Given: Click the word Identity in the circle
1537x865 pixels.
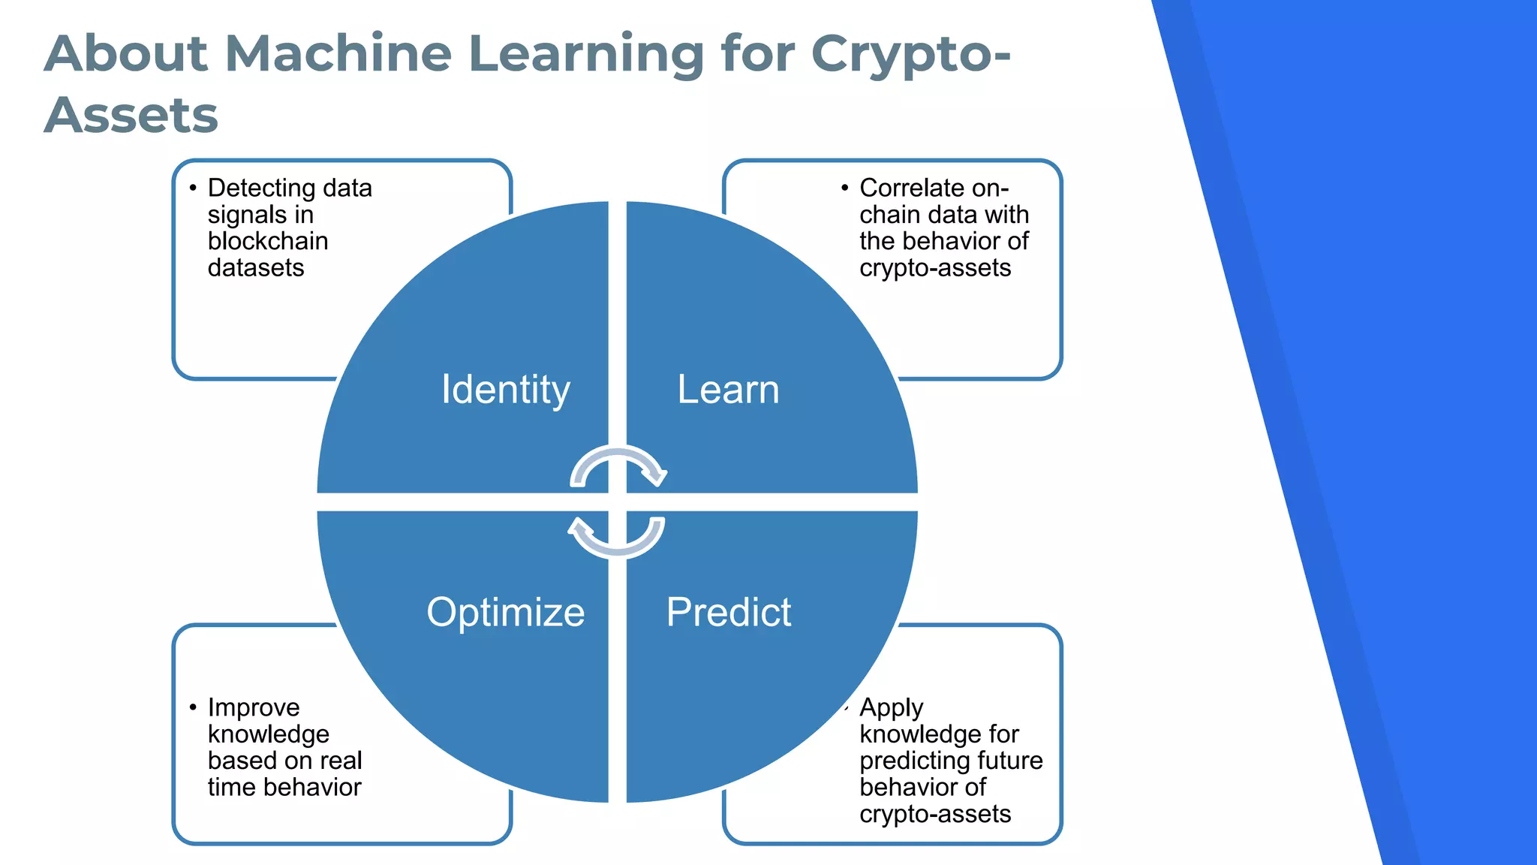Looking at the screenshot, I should click(505, 390).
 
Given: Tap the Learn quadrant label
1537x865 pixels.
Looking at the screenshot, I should click(728, 390).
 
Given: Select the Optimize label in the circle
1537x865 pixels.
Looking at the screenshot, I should click(505, 612).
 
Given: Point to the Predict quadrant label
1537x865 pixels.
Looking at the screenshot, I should click(728, 612).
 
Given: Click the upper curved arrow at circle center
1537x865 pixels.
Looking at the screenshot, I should click(618, 465).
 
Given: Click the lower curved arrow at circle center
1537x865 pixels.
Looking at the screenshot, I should click(617, 538).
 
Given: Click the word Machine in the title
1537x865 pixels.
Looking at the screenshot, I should click(338, 54).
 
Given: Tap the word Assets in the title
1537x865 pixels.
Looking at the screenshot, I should click(131, 116).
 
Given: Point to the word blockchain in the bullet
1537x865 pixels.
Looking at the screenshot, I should click(268, 241).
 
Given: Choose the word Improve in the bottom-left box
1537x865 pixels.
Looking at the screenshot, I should click(254, 707).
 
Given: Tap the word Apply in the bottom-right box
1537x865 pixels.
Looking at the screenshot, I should click(891, 707).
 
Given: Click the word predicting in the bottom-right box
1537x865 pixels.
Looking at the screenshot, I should click(910, 761).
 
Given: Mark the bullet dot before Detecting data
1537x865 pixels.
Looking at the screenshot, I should click(193, 188).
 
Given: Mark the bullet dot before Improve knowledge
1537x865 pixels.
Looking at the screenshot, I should click(193, 707).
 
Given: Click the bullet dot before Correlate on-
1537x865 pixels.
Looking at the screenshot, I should click(845, 188).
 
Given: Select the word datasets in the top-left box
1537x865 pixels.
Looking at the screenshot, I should click(256, 268).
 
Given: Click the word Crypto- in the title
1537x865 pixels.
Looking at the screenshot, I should click(911, 54).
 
